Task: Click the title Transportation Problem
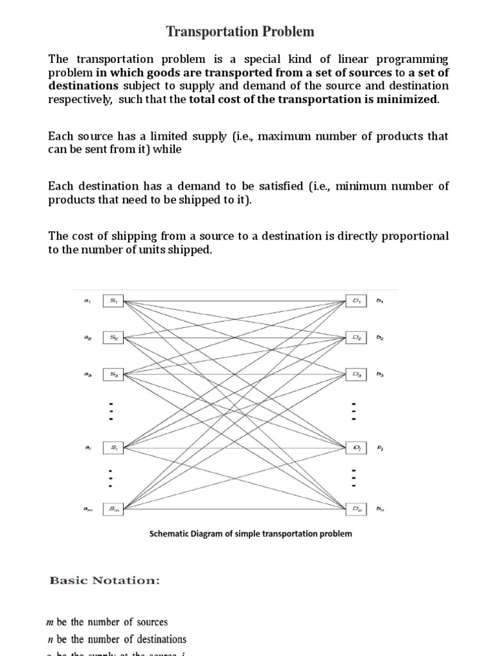pos(240,31)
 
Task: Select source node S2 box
pos(113,336)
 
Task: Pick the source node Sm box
pos(113,509)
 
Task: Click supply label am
pos(87,509)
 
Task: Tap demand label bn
pos(381,509)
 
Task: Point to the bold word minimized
pos(407,99)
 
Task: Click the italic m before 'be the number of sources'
pos(52,622)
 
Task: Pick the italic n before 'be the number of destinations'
pos(51,639)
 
